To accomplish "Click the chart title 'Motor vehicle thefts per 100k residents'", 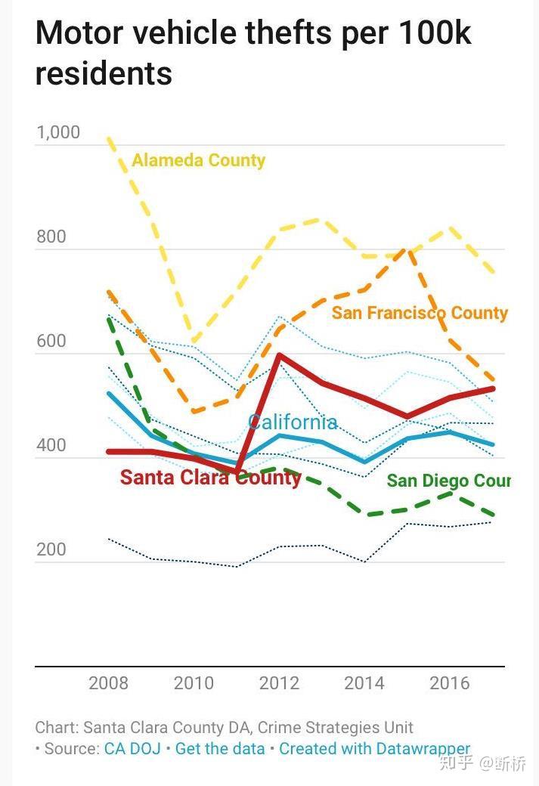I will click(253, 53).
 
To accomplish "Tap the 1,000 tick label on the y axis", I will click(58, 132).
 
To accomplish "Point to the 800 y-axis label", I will click(51, 237).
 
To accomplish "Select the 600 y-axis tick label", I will click(51, 341).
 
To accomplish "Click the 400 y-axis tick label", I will click(51, 445).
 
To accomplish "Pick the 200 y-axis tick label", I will click(51, 549).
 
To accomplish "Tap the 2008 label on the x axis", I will click(109, 683).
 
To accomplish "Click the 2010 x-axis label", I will click(194, 683).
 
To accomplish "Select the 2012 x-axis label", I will click(280, 683).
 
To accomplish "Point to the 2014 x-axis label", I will click(364, 683).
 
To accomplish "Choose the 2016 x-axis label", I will click(450, 683).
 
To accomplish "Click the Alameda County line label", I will click(199, 160).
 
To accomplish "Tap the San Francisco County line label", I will click(420, 313).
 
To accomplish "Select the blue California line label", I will click(293, 422).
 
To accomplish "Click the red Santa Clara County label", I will click(210, 478).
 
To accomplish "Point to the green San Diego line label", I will click(448, 481).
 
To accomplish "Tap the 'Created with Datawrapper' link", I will click(374, 748).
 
